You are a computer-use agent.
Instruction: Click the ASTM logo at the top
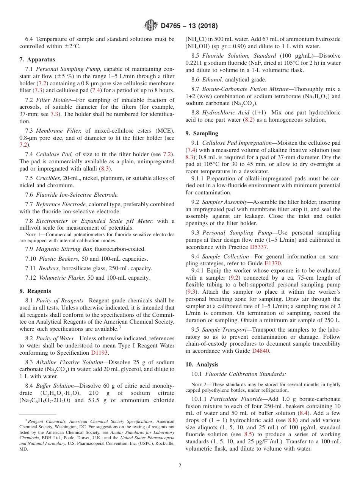[150, 26]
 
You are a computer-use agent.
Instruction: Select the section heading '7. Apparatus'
[37, 59]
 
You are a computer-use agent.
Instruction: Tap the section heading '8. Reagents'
[35, 291]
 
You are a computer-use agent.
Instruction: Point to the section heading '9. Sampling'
[202, 133]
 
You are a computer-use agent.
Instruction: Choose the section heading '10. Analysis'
[202, 365]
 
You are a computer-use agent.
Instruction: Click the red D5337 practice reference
[258, 247]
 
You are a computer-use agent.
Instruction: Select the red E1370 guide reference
[273, 263]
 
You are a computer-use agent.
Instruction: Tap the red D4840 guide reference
[261, 351]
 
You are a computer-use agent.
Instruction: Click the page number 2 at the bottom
[180, 466]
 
